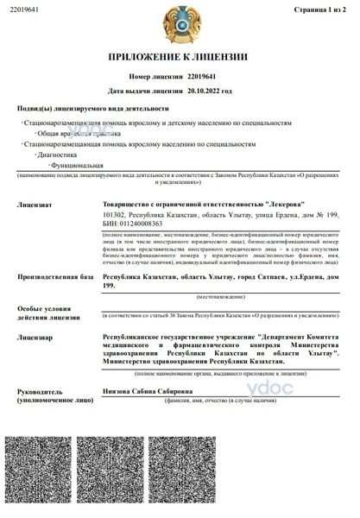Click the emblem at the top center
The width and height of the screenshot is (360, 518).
click(180, 23)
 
